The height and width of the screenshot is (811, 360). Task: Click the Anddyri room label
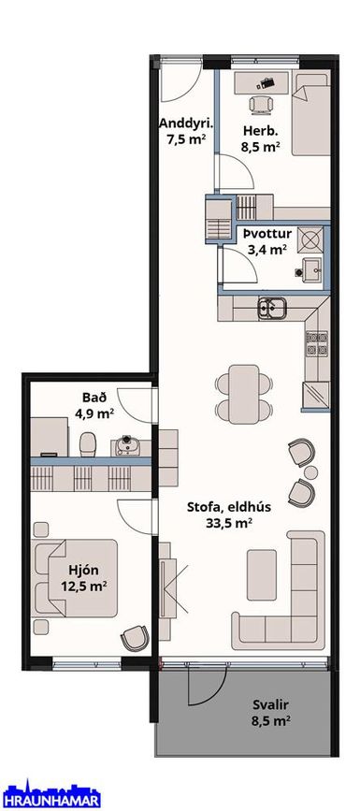186,124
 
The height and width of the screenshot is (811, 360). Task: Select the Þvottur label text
268,235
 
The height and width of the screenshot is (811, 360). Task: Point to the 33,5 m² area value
229,524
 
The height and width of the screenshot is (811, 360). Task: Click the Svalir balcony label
270,704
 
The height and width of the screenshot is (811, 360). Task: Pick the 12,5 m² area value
83,586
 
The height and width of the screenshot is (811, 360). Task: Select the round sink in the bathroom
125,446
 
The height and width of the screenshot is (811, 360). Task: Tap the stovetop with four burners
317,343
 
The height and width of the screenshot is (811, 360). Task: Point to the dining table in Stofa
244,395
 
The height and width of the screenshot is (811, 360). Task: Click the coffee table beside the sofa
262,575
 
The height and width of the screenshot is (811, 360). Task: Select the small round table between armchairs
310,472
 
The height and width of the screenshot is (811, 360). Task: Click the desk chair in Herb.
260,104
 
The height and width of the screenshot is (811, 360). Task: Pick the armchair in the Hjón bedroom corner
135,638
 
